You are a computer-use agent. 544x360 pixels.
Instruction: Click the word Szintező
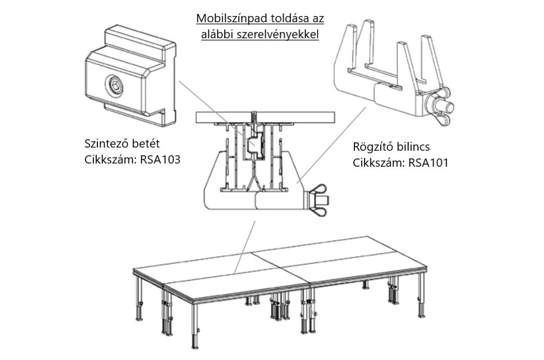coord(107,143)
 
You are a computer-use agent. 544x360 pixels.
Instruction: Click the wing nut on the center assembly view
coord(320,197)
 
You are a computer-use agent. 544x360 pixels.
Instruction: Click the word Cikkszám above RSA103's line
coord(108,160)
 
